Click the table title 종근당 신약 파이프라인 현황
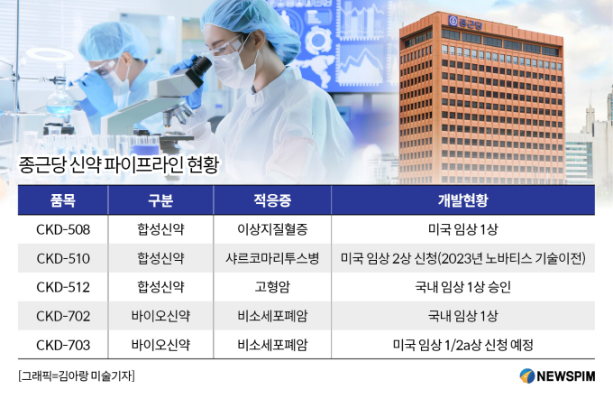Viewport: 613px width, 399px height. coord(119,165)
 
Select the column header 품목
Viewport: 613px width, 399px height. coord(62,200)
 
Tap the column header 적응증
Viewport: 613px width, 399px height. coord(272,200)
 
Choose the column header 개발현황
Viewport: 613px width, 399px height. coord(462,200)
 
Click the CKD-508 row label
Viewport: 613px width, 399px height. coord(63,229)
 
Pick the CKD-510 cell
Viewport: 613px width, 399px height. coord(63,258)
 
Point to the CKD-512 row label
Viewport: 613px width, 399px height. coord(63,287)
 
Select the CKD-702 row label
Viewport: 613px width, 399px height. coord(63,316)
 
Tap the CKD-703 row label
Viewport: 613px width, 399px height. coord(63,345)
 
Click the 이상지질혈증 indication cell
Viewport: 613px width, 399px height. coord(272,229)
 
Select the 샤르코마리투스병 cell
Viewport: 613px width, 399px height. coord(272,258)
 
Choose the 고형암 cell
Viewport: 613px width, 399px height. coord(272,287)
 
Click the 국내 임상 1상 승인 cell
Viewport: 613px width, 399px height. coord(462,287)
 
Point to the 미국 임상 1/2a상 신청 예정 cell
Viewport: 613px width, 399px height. coord(462,345)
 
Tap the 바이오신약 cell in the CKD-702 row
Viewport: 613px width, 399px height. coord(160,316)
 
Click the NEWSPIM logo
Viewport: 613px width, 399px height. coord(557,376)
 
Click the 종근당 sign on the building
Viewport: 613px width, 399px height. coord(466,23)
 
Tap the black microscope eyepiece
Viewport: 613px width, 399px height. coord(199,68)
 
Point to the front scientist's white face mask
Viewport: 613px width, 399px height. coord(233,69)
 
